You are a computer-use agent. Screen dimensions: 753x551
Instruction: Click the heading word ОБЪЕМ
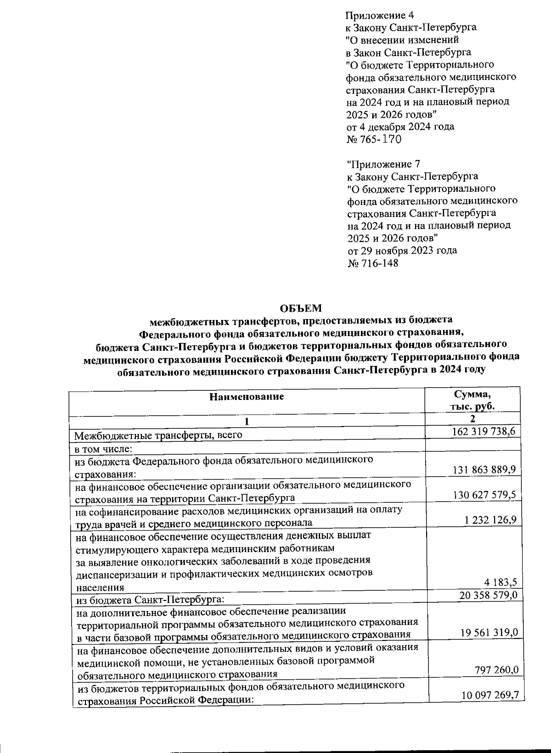[x=301, y=308]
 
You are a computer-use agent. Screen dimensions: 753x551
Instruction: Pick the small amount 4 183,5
[x=502, y=582]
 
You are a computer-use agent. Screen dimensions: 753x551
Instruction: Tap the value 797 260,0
[x=497, y=670]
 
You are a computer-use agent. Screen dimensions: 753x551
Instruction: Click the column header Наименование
[x=247, y=396]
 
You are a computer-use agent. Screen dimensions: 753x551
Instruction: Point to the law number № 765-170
[x=373, y=139]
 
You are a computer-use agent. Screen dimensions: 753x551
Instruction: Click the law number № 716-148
[x=372, y=263]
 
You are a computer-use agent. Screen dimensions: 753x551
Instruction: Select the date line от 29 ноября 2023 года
[x=402, y=251]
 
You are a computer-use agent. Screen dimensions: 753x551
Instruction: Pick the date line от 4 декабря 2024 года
[x=400, y=126]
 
